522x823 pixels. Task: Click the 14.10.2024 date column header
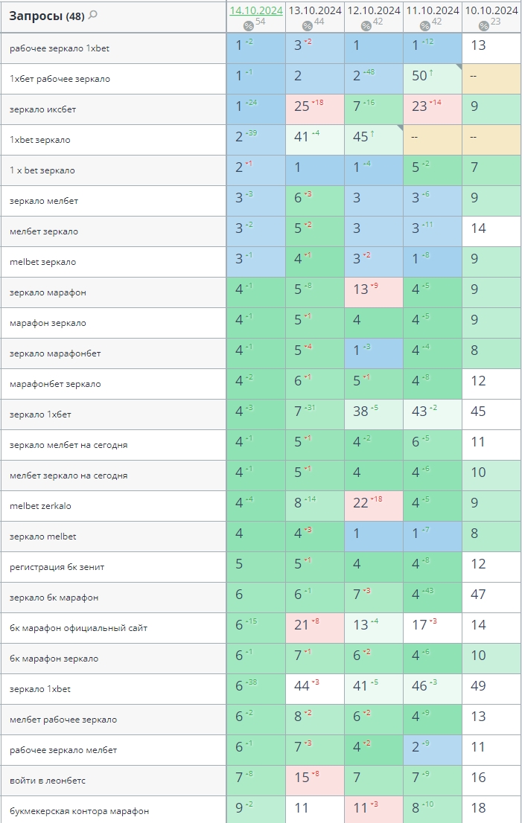[x=255, y=10]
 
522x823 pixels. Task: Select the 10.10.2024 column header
[x=491, y=10]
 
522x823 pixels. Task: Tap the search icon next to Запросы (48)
[x=93, y=16]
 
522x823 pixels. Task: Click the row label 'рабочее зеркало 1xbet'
[x=60, y=48]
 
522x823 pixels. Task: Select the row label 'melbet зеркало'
[x=42, y=262]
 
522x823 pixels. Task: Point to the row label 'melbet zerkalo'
[x=40, y=506]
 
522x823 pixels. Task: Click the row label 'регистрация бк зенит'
[x=57, y=567]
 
